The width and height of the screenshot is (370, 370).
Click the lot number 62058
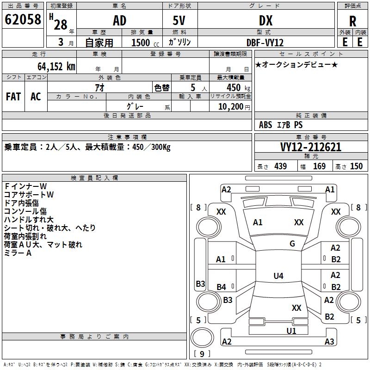pos(23,20)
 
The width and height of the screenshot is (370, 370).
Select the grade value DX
pos(265,21)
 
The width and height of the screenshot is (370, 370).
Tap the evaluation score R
pos(352,22)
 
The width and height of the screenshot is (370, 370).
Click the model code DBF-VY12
pos(265,42)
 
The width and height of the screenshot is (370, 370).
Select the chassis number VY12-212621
pos(311,147)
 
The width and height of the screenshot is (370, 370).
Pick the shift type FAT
pos(13,97)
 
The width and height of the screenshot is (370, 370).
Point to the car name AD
pos(119,21)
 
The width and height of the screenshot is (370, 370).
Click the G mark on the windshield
pos(292,244)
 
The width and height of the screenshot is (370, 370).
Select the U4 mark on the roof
pos(278,276)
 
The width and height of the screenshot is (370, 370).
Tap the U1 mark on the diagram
pos(291,331)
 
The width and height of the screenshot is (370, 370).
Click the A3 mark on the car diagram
pos(329,342)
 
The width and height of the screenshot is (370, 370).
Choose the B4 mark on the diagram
pos(222,287)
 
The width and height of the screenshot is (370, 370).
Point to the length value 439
pos(280,166)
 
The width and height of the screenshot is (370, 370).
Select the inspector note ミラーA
pos(18,253)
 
